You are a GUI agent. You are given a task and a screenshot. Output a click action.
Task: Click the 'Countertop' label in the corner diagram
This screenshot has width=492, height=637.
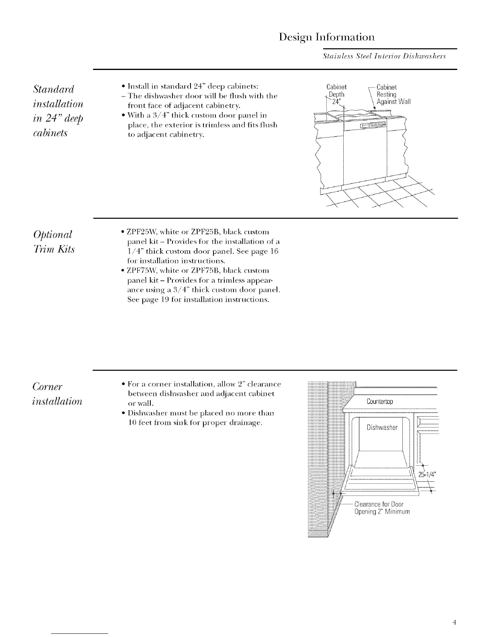[x=380, y=402]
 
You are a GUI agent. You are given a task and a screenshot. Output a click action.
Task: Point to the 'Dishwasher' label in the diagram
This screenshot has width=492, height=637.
[x=382, y=427]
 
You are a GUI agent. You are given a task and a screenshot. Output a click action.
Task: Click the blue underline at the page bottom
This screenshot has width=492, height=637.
[x=80, y=633]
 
